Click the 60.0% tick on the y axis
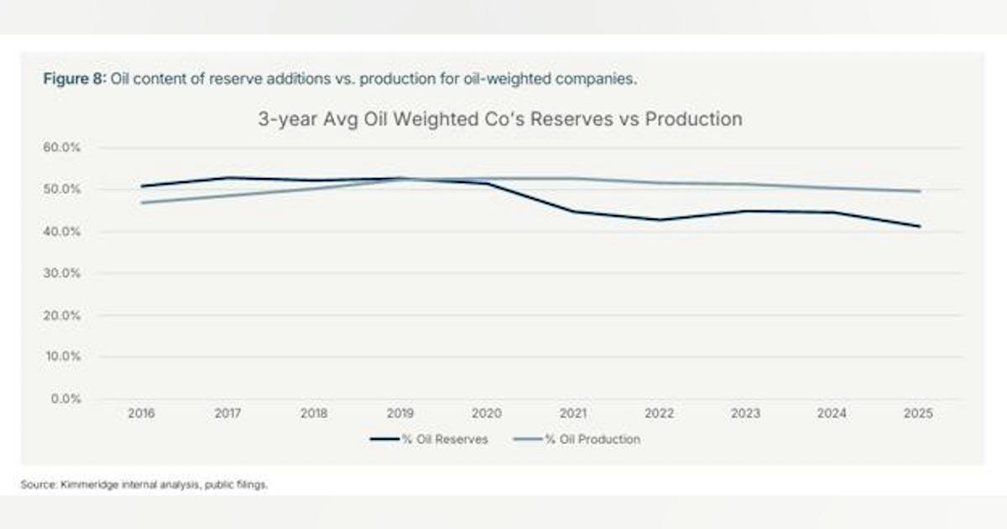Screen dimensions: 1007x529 pyautogui.click(x=61, y=147)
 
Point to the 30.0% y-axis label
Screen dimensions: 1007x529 pyautogui.click(x=61, y=273)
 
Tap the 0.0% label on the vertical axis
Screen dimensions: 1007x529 pyautogui.click(x=65, y=399)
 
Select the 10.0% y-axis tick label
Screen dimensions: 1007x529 pyautogui.click(x=63, y=356)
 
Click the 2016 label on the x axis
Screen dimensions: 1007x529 pyautogui.click(x=141, y=413)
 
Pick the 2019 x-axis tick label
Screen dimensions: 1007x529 pyautogui.click(x=400, y=413)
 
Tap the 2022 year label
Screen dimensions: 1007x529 pyautogui.click(x=659, y=413)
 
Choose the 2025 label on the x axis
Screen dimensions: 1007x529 pyautogui.click(x=918, y=413)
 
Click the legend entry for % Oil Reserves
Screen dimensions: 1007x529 pyautogui.click(x=429, y=439)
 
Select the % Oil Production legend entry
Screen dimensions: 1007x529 pyautogui.click(x=577, y=439)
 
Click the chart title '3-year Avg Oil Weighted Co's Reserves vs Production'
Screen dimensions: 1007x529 pyautogui.click(x=500, y=119)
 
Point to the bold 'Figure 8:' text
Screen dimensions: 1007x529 pyautogui.click(x=75, y=79)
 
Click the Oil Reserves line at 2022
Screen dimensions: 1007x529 pyautogui.click(x=659, y=219)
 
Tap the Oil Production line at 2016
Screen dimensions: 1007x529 pyautogui.click(x=142, y=202)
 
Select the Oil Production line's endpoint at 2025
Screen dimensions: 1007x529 pyautogui.click(x=920, y=191)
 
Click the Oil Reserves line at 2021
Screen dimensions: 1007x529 pyautogui.click(x=572, y=212)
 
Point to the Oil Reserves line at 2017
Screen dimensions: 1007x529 pyautogui.click(x=227, y=178)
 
